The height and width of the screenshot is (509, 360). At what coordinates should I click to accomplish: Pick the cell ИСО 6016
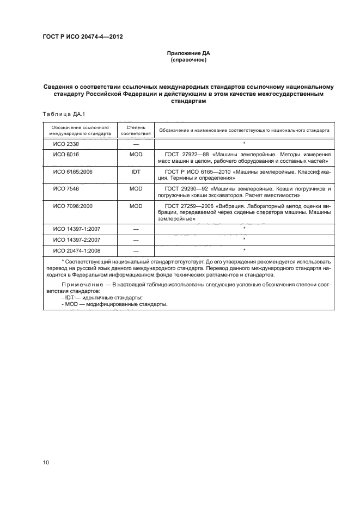coord(63,155)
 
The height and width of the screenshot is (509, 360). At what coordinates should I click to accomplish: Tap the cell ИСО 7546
coord(63,188)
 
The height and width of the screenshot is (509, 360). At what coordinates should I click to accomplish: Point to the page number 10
coord(46,463)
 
